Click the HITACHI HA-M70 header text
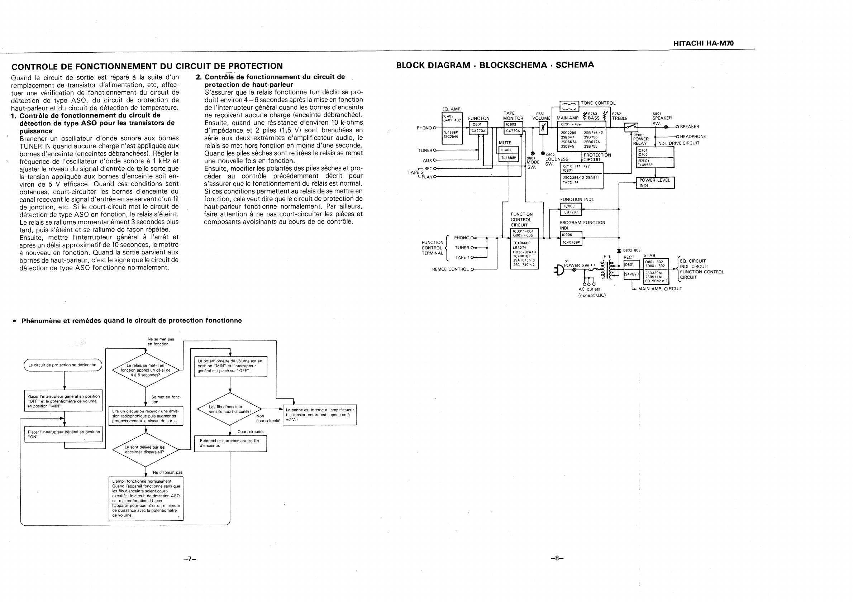[x=703, y=43]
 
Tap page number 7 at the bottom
[x=190, y=559]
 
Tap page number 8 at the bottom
[x=557, y=558]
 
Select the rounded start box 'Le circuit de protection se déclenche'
[x=63, y=365]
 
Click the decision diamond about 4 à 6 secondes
[x=145, y=370]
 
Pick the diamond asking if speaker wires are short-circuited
[x=230, y=409]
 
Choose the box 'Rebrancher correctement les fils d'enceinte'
[x=230, y=443]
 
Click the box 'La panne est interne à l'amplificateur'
[x=319, y=415]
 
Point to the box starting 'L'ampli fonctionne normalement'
[x=146, y=498]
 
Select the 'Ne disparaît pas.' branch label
[x=168, y=473]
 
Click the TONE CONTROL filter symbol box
[x=569, y=106]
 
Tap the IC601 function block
[x=478, y=127]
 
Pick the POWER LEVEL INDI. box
[x=655, y=183]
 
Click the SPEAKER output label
[x=690, y=126]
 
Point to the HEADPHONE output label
[x=693, y=137]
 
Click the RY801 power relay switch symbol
[x=631, y=127]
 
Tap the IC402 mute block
[x=508, y=154]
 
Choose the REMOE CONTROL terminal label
[x=450, y=269]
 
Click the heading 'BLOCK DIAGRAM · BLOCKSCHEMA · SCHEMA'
[x=495, y=65]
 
